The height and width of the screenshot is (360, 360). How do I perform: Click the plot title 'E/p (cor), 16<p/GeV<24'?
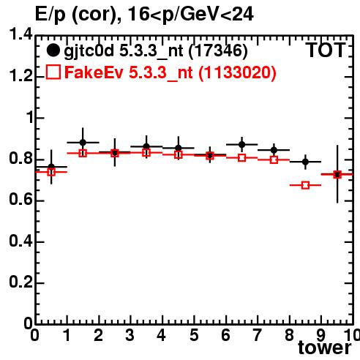coord(144,14)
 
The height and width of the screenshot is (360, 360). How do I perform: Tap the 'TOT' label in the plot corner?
coord(326,50)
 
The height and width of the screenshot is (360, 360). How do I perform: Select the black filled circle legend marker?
coord(53,50)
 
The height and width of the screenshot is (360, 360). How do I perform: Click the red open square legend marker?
coord(53,72)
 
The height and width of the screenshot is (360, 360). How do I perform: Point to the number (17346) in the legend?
coord(218,51)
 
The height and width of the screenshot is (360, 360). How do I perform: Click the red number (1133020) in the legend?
coord(237,72)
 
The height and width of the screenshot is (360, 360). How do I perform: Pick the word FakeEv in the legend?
coord(94,72)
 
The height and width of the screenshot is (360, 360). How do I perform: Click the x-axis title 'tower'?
coord(325,347)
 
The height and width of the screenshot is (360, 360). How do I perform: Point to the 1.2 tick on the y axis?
coord(20,77)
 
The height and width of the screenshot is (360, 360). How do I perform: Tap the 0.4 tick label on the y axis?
coord(20,241)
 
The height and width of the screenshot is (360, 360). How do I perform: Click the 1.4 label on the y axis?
coord(20,34)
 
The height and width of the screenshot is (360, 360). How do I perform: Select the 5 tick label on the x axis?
coord(194,335)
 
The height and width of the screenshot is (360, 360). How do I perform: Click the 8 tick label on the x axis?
coord(289,335)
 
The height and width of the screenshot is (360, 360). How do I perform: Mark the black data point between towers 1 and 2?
coord(83,143)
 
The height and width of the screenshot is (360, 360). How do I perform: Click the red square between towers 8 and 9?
coord(305,185)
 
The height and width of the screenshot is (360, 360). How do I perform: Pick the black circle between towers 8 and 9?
coord(305,162)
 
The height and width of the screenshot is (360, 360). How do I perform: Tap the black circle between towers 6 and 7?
coord(241,144)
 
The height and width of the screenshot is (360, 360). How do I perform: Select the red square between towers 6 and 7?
coord(241,158)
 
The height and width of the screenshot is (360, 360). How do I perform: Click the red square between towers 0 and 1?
coord(51,172)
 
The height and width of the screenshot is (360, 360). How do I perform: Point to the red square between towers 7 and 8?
coord(274,160)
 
